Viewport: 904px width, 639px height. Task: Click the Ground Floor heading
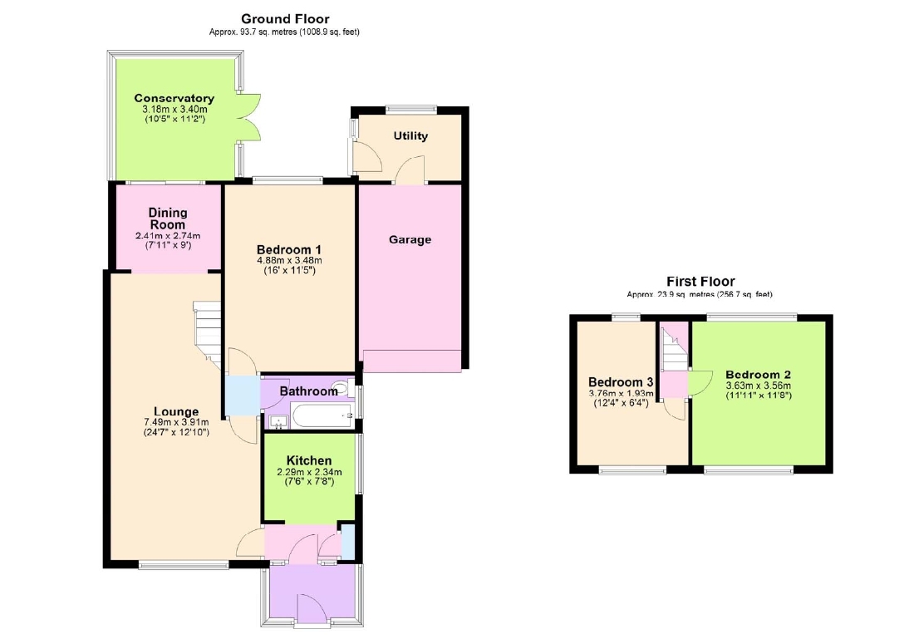coord(285,18)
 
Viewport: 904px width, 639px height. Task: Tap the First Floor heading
coord(700,282)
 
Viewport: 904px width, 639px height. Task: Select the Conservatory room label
coord(174,98)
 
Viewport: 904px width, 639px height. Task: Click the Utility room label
coord(410,136)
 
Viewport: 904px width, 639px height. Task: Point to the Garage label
coord(410,239)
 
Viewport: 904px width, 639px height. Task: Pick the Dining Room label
coord(168,219)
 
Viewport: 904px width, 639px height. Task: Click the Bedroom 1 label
coord(289,250)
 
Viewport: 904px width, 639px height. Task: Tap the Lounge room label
coord(176,411)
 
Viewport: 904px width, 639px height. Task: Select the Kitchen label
coord(309,460)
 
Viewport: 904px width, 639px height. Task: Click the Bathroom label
coord(308,391)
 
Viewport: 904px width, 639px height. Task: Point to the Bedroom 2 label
coord(758,374)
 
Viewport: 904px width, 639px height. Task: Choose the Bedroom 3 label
coord(621,381)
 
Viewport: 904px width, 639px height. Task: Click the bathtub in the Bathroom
coord(322,415)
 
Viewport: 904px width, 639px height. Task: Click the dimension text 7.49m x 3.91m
coord(176,422)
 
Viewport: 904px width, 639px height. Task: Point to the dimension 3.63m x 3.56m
coord(758,386)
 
